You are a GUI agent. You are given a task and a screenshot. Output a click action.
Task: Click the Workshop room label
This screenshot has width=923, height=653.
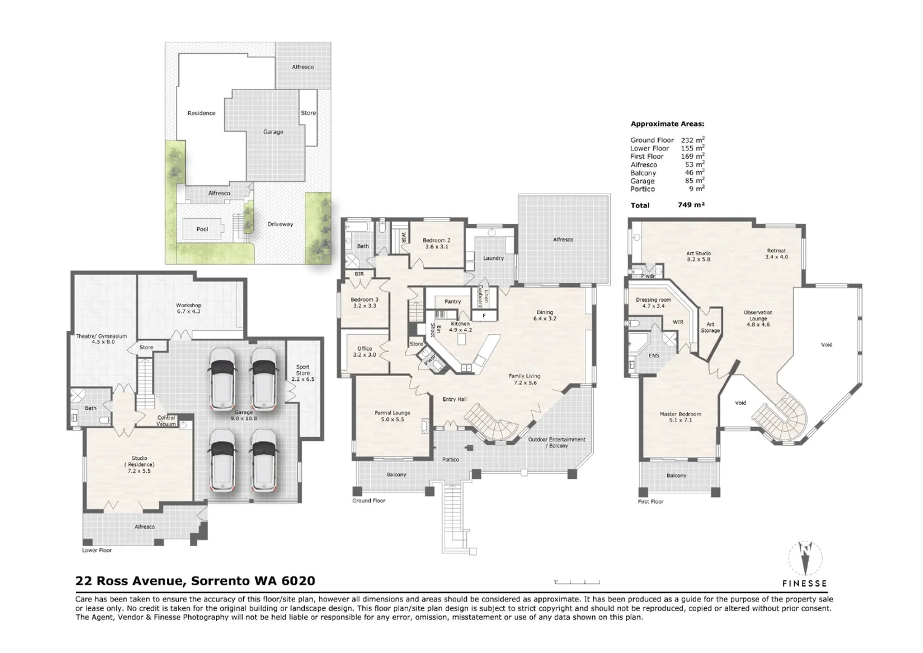[188, 308]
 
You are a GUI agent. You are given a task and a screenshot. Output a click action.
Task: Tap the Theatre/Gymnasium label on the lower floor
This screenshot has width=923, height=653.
[102, 339]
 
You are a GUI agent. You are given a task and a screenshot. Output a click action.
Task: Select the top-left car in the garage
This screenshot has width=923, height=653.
[223, 378]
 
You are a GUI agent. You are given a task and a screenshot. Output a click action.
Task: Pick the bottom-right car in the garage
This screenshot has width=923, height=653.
[263, 460]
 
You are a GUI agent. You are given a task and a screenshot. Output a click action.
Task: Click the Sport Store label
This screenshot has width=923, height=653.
[302, 372]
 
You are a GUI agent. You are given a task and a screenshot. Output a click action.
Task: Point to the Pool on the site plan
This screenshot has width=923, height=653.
[202, 229]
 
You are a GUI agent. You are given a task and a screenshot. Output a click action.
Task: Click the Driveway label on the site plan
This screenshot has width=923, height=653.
[280, 224]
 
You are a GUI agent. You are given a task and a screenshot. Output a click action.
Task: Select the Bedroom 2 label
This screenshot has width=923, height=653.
[436, 243]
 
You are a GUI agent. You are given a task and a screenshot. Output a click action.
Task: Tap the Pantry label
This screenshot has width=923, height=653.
[452, 302]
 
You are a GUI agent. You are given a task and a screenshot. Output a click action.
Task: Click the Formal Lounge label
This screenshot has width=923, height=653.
[392, 416]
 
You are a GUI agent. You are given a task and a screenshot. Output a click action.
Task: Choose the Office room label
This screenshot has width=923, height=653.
[364, 351]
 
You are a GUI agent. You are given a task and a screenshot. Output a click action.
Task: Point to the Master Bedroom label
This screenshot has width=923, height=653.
[680, 417]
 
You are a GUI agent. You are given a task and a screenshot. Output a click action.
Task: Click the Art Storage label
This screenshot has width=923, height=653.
[710, 328]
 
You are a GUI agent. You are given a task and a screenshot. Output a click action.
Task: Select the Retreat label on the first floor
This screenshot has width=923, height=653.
[776, 253]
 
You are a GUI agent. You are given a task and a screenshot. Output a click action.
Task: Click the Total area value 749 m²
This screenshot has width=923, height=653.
[691, 205]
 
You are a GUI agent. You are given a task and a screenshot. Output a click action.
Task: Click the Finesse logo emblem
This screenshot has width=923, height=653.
[804, 557]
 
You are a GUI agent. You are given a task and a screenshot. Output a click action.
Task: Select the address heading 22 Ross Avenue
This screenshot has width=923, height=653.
[195, 581]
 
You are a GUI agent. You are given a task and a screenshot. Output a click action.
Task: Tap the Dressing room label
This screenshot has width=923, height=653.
[653, 303]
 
